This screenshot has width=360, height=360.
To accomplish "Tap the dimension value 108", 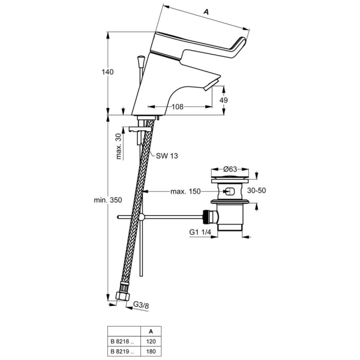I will pyautogui.click(x=177, y=107).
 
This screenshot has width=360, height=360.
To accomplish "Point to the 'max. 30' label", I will pyautogui.click(x=118, y=147).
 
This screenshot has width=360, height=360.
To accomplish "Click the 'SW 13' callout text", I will pyautogui.click(x=167, y=156).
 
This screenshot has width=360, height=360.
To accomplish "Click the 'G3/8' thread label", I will pyautogui.click(x=141, y=305).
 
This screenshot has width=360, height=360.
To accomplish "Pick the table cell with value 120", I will pyautogui.click(x=150, y=341).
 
